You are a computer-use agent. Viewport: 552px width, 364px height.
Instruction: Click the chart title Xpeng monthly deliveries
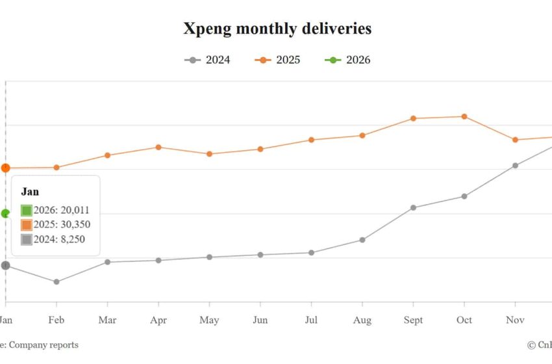[277, 29]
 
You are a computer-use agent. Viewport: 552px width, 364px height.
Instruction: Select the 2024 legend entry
[208, 60]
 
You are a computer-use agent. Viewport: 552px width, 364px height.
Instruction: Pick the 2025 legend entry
[278, 60]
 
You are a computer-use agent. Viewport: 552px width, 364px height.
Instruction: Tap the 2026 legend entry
[348, 60]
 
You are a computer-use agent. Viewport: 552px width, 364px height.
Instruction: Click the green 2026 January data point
[6, 213]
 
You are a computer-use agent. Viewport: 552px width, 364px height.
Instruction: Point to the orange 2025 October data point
[464, 116]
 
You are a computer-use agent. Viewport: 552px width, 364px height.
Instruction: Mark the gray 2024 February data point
[56, 281]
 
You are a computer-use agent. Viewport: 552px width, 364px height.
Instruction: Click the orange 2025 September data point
[413, 118]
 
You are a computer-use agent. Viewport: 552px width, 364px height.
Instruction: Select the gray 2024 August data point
[362, 240]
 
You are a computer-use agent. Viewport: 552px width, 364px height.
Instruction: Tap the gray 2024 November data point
[515, 165]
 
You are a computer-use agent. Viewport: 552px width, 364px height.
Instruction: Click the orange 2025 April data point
[158, 147]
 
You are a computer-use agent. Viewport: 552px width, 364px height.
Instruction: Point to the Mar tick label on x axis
[107, 320]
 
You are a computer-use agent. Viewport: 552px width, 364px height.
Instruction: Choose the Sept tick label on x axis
[413, 320]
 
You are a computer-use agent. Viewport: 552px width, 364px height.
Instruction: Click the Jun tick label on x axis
[260, 320]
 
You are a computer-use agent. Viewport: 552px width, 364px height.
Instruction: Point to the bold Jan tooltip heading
[30, 192]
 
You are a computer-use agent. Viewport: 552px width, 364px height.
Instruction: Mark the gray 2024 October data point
[464, 196]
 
